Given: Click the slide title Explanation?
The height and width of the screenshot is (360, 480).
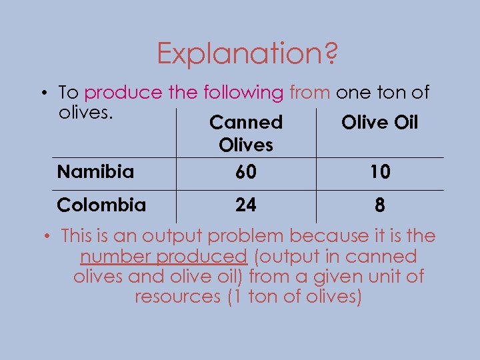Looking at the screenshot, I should tap(247, 53).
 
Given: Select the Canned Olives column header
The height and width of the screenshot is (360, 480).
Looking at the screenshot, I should tap(246, 133).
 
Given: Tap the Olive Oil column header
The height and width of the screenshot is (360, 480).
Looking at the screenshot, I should tap(379, 123).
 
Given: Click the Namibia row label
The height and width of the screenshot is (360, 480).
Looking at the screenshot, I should tap(95, 172).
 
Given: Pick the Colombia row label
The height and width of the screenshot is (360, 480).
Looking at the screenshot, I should tap(101, 205).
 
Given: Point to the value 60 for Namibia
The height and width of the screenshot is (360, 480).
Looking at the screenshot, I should tap(245, 173).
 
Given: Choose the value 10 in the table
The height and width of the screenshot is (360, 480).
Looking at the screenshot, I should tap(380, 173).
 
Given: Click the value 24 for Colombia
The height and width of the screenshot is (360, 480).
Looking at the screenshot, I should tap(245, 205).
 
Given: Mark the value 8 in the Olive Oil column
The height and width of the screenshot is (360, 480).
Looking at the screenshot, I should tap(379, 205).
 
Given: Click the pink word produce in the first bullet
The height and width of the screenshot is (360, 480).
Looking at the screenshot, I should tap(123, 93).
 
